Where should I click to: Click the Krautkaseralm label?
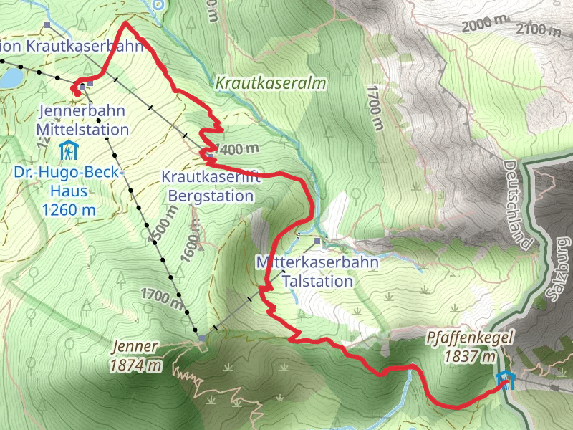click(x=271, y=84)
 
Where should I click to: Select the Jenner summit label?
click(x=135, y=348)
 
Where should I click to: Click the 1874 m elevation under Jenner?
click(x=135, y=365)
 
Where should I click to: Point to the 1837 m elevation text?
click(x=470, y=356)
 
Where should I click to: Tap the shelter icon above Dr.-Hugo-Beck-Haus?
click(x=67, y=151)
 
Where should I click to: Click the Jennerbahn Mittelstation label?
click(x=83, y=120)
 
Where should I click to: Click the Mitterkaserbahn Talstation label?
click(x=317, y=272)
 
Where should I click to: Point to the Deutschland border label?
click(x=519, y=205)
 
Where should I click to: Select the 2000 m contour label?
click(x=488, y=27)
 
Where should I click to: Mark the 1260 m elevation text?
click(x=69, y=210)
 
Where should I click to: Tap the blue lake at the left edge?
click(x=9, y=77)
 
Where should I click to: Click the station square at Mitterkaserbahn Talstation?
click(x=318, y=239)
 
